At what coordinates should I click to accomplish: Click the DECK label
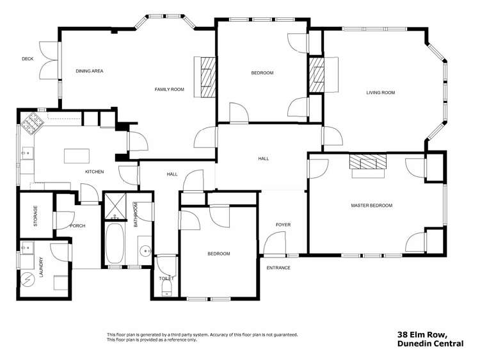point(28,59)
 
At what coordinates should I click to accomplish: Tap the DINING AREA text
point(90,71)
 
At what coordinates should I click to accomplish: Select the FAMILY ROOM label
point(170,90)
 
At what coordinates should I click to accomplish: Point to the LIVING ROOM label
point(380,93)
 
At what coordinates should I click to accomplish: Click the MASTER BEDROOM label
point(371,206)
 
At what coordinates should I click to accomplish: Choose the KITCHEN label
point(95,172)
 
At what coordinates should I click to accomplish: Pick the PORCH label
point(77,226)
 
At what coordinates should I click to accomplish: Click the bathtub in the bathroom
point(115,243)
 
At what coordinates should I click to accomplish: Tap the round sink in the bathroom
point(145,251)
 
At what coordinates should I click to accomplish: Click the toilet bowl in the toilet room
point(166,290)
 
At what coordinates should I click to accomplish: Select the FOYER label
point(283,225)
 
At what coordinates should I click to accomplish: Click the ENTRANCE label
point(278,268)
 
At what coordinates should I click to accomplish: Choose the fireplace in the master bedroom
point(368,163)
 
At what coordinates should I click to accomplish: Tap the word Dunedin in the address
point(414,344)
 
